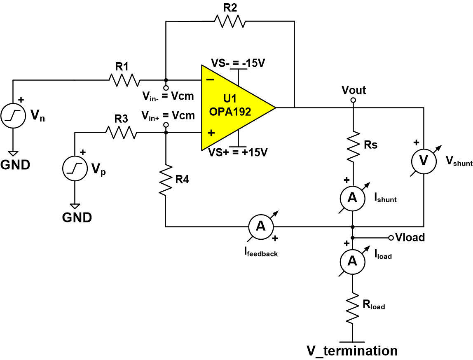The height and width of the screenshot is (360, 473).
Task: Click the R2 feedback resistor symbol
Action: point(229,21)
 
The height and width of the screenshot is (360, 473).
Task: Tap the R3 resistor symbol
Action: point(121,133)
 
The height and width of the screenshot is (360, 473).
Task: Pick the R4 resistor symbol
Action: point(165,180)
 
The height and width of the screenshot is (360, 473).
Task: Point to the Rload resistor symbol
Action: point(353,308)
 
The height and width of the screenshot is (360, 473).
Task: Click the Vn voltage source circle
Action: point(13,116)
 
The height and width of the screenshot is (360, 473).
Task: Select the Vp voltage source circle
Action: point(75,168)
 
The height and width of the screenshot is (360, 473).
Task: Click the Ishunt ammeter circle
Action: point(353,198)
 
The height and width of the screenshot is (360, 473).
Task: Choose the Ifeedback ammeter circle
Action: point(260,226)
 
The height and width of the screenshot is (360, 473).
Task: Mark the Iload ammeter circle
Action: point(353,261)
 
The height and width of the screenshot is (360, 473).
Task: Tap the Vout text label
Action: point(354,90)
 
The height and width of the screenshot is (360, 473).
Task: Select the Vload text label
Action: point(410,238)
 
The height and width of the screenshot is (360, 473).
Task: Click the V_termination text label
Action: point(352,351)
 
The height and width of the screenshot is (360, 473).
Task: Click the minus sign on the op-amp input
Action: point(209,80)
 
